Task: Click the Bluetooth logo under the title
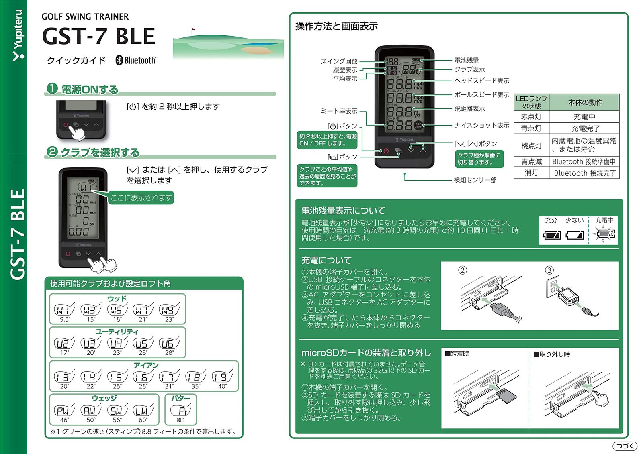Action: (135, 60)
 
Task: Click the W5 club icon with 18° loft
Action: (117, 310)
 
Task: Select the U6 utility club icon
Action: (169, 344)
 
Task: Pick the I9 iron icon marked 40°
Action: (222, 377)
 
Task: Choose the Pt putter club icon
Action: (181, 411)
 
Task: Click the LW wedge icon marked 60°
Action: (143, 411)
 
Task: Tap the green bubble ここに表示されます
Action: (141, 197)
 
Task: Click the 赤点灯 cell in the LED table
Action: (531, 117)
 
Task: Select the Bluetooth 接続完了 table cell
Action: (585, 173)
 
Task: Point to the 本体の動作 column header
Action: (585, 102)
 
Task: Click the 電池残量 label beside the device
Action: (467, 60)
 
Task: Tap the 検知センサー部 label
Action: (475, 180)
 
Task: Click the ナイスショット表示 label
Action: (481, 125)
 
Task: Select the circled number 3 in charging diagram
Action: (549, 270)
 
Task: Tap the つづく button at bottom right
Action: (625, 446)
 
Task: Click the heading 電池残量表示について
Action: (343, 210)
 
